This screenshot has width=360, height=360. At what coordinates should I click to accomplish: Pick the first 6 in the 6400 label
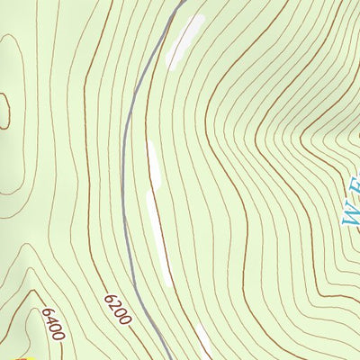tap(44, 313)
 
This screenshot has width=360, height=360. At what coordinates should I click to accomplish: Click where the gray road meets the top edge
tap(181, 2)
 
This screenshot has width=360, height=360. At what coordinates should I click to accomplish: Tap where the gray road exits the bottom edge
tap(167, 357)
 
